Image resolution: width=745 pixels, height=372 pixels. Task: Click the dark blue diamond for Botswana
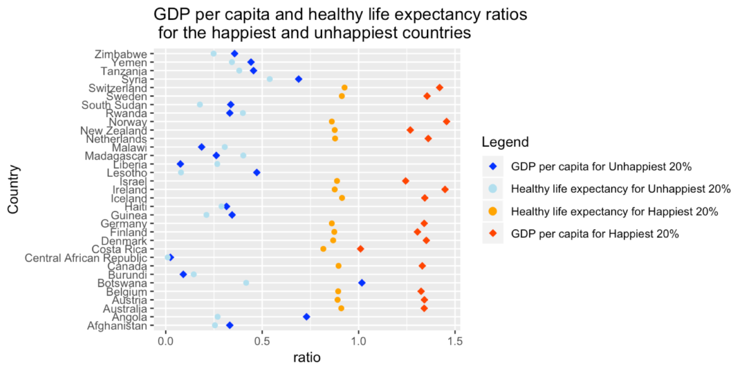[x=362, y=283]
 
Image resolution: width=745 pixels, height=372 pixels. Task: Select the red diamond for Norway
[x=446, y=122]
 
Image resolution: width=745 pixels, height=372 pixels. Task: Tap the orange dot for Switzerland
[x=345, y=87]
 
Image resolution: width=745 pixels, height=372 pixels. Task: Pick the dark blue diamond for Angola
[x=307, y=317]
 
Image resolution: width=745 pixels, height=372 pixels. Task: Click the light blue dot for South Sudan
[x=200, y=104]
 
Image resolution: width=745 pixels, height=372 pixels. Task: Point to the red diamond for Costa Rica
[x=361, y=248]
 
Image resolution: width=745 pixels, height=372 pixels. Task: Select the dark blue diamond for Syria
[x=299, y=79]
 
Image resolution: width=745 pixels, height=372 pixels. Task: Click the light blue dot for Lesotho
[x=181, y=172]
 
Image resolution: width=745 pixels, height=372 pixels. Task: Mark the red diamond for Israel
[x=405, y=181]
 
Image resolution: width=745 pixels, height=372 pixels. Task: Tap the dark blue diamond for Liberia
[x=180, y=164]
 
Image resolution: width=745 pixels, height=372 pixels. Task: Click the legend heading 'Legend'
[x=506, y=142]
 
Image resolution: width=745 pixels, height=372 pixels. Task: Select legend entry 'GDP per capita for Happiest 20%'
[x=594, y=234]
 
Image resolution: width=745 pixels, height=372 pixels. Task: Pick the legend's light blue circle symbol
[x=493, y=190]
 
